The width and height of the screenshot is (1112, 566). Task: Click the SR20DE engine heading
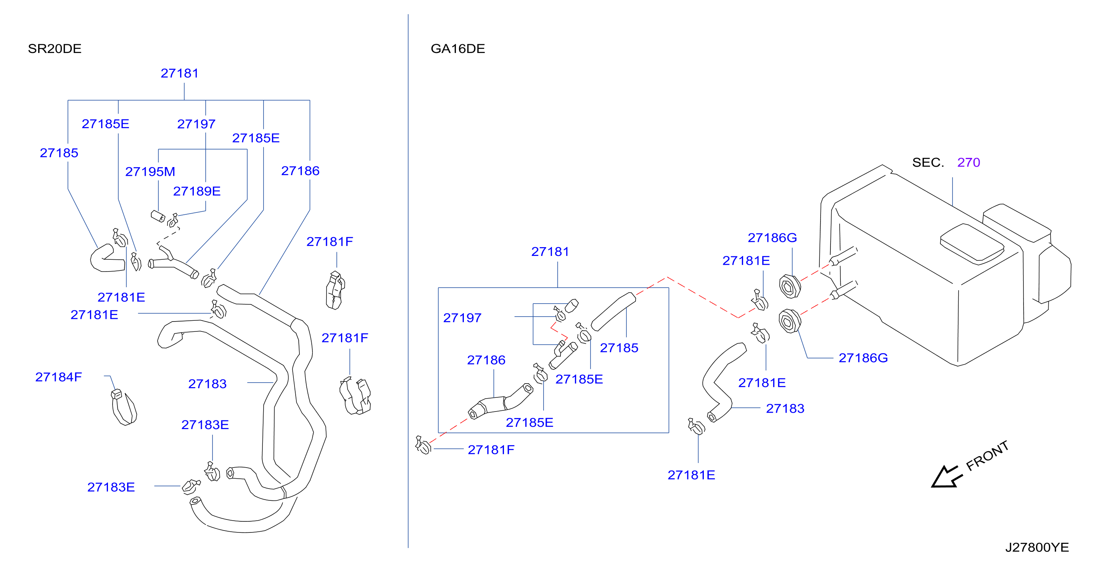pyautogui.click(x=55, y=48)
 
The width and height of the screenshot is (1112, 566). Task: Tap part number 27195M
pyautogui.click(x=150, y=171)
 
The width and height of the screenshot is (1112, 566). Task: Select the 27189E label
pyautogui.click(x=196, y=191)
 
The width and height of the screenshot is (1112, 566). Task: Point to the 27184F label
pyautogui.click(x=58, y=377)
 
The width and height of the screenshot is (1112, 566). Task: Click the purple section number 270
pyautogui.click(x=968, y=162)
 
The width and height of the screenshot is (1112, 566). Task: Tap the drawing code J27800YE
pyautogui.click(x=1037, y=547)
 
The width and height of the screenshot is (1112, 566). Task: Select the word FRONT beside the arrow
pyautogui.click(x=987, y=456)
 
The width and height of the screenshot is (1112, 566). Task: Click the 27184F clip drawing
pyautogui.click(x=124, y=407)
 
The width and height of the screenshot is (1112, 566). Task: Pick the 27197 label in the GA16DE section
pyautogui.click(x=462, y=318)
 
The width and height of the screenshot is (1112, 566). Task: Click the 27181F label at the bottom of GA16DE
pyautogui.click(x=491, y=450)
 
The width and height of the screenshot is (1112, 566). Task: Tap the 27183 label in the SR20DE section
pyautogui.click(x=207, y=384)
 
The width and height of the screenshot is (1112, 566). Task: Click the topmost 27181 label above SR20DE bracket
pyautogui.click(x=180, y=73)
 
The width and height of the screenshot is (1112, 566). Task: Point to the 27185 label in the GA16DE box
pyautogui.click(x=619, y=347)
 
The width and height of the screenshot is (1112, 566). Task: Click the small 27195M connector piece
pyautogui.click(x=158, y=216)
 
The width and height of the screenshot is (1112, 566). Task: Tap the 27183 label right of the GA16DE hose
pyautogui.click(x=785, y=408)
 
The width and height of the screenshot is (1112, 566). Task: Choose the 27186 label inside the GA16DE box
pyautogui.click(x=486, y=360)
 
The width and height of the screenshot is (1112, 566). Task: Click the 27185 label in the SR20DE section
pyautogui.click(x=59, y=153)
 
